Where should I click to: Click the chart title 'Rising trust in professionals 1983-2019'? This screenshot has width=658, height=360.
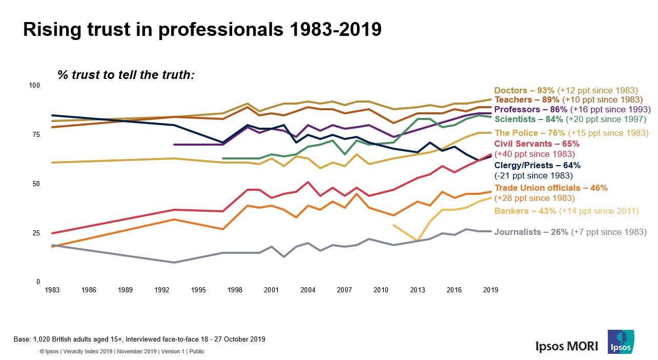[x=202, y=30]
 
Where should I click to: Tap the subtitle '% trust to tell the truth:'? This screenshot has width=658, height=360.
[x=126, y=75]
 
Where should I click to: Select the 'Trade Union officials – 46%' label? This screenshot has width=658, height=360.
[x=551, y=188]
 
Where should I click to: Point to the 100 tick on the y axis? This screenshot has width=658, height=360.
[x=34, y=85]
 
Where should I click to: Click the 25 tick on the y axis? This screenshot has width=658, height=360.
[x=36, y=233]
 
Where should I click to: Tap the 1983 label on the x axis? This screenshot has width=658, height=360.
[x=52, y=290]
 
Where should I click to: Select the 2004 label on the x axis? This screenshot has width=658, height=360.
[x=307, y=290]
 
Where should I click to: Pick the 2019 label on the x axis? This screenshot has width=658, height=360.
[x=490, y=290]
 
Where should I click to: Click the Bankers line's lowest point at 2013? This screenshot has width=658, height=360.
[x=418, y=240]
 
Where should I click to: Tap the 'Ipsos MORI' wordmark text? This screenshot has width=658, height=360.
[x=567, y=346]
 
